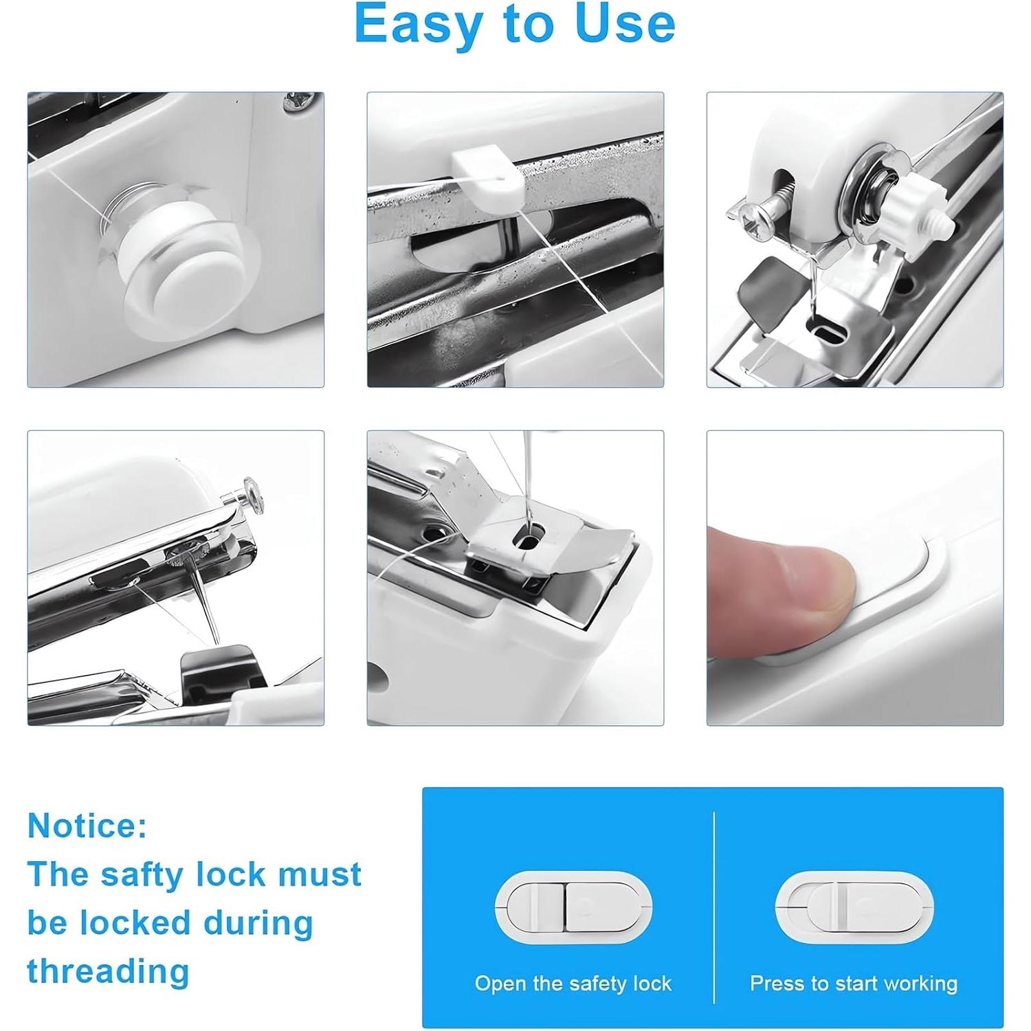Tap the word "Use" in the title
[625, 23]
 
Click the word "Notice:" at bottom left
[87, 825]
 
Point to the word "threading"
[108, 971]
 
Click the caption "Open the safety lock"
[573, 984]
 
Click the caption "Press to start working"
[854, 984]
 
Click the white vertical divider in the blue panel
[714, 907]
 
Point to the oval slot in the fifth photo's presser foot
[529, 540]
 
